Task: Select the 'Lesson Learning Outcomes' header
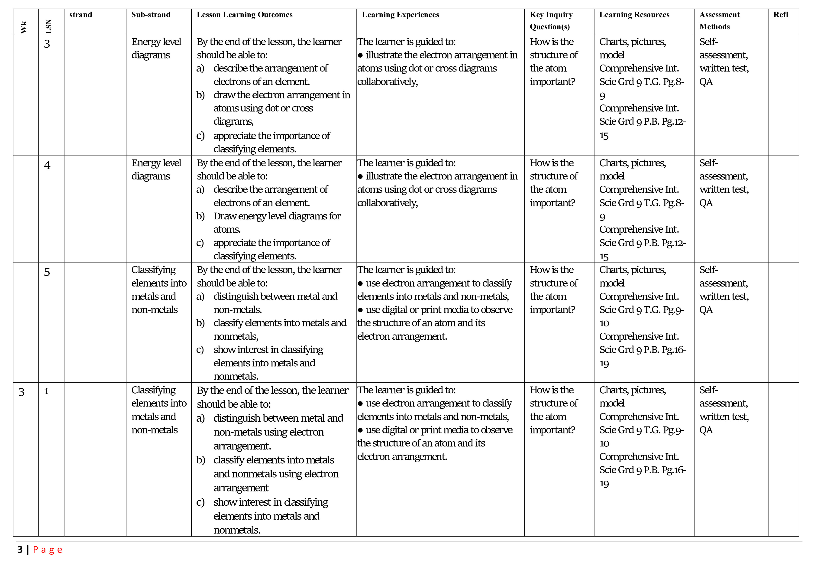pyautogui.click(x=245, y=15)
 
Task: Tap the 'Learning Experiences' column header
pyautogui.click(x=400, y=15)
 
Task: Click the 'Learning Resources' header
pyautogui.click(x=634, y=15)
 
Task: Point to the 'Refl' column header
pyautogui.click(x=781, y=15)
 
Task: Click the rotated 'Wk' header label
pyautogui.click(x=24, y=27)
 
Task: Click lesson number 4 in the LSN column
pyautogui.click(x=47, y=165)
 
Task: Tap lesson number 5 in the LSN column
pyautogui.click(x=47, y=272)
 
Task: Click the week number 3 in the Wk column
pyautogui.click(x=22, y=392)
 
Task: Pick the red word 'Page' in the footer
pyautogui.click(x=48, y=550)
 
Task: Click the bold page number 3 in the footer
pyautogui.click(x=20, y=550)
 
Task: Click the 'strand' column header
pyautogui.click(x=81, y=15)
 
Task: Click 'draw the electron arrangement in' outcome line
pyautogui.click(x=281, y=95)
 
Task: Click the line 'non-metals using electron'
pyautogui.click(x=268, y=432)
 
